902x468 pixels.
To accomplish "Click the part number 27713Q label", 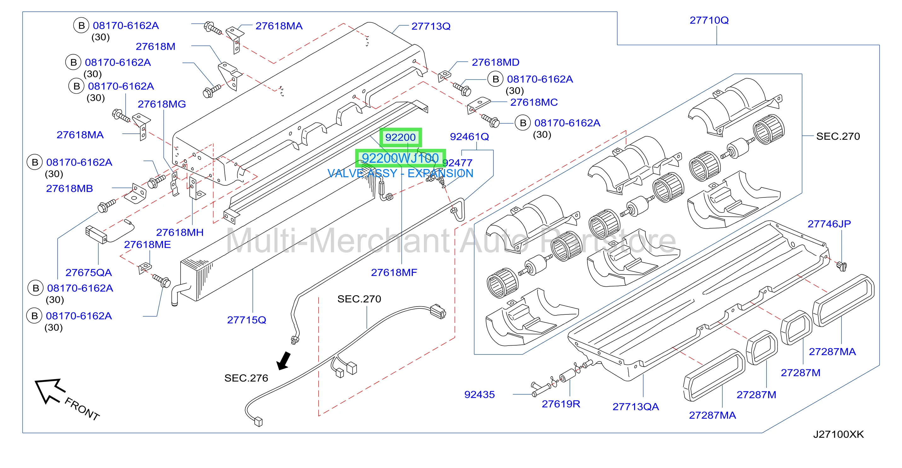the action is (x=431, y=26).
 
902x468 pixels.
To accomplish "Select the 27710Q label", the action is (x=709, y=20).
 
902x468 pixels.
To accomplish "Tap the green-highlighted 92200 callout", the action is (x=400, y=137).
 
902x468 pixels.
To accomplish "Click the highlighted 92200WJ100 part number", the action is (x=400, y=158).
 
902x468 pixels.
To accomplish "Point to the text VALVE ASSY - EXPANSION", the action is (x=400, y=173).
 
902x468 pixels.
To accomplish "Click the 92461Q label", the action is (x=469, y=137).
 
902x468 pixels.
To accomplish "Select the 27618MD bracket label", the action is (x=495, y=62).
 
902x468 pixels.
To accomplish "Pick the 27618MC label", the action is (x=534, y=102).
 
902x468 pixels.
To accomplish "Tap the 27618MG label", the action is (x=162, y=104).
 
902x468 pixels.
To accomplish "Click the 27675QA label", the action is (x=89, y=272).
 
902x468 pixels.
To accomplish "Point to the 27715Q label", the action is (x=246, y=320).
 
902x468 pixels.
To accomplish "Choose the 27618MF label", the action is (x=394, y=272).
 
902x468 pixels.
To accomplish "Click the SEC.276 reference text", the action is (x=246, y=378).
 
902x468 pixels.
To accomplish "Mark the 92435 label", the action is (x=479, y=395).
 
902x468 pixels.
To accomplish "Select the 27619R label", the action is (x=561, y=404).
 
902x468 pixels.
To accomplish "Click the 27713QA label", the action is (x=636, y=407).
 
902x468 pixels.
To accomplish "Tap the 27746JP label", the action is (x=829, y=224).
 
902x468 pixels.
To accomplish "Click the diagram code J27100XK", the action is (x=838, y=434).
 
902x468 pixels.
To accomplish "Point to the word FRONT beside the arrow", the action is (x=82, y=408).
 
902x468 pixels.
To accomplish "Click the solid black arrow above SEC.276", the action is (x=284, y=361).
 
